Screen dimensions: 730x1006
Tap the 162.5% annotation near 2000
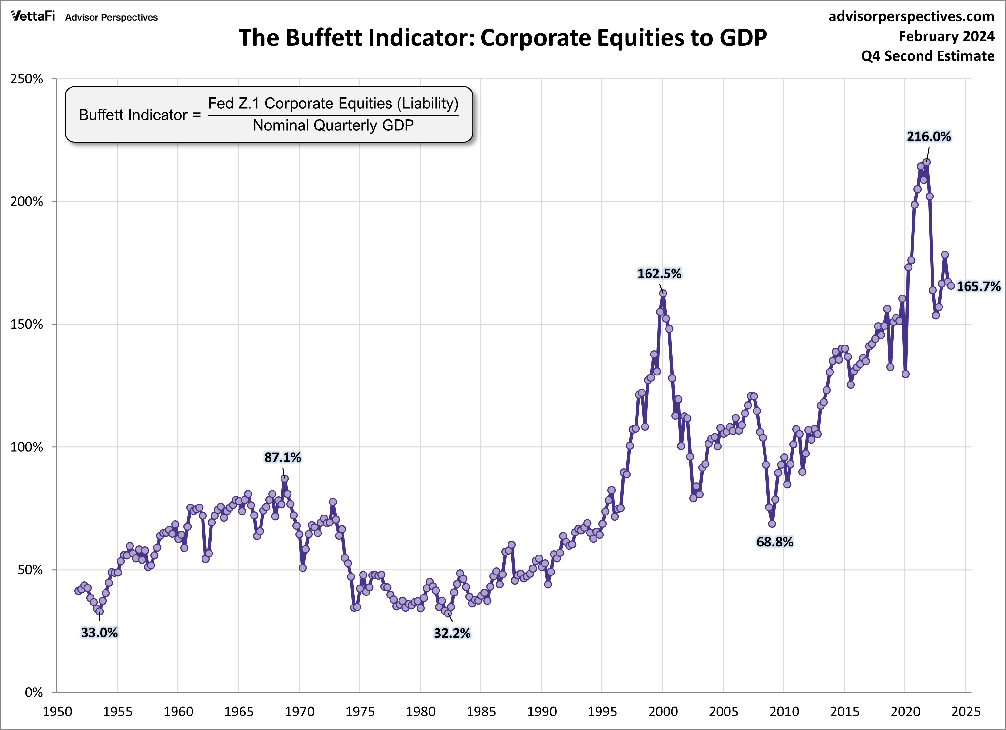click(x=659, y=274)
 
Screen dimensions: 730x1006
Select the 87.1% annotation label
click(x=282, y=457)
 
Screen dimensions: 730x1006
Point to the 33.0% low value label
click(x=99, y=633)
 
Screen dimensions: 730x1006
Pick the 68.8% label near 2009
click(x=774, y=542)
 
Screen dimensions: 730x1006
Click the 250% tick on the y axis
click(x=27, y=79)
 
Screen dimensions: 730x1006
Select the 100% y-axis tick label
click(x=27, y=447)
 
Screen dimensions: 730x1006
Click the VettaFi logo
click(x=33, y=16)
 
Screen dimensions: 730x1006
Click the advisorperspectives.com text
click(x=912, y=16)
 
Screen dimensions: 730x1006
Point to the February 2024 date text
click(x=947, y=36)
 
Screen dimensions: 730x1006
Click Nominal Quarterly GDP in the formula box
click(x=333, y=125)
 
